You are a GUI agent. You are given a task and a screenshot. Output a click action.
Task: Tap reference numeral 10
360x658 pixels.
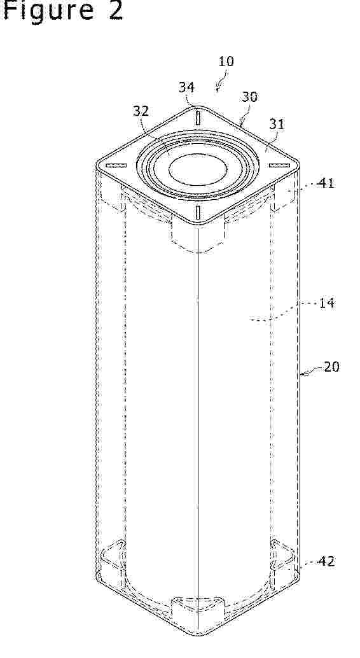pyautogui.click(x=226, y=61)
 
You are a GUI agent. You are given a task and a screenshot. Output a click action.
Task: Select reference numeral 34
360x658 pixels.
pyautogui.click(x=186, y=87)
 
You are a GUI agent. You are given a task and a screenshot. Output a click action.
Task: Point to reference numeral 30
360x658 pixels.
pyautogui.click(x=249, y=97)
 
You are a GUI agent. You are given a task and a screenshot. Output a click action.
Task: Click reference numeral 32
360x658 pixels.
pyautogui.click(x=141, y=111)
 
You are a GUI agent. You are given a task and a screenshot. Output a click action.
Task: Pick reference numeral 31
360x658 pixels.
pyautogui.click(x=277, y=124)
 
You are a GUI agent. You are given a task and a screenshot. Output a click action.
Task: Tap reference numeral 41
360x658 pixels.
pyautogui.click(x=326, y=183)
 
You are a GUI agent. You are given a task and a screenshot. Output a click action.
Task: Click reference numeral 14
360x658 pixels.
pyautogui.click(x=327, y=302)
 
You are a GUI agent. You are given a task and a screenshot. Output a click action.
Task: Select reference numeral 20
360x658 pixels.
pyautogui.click(x=331, y=367)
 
